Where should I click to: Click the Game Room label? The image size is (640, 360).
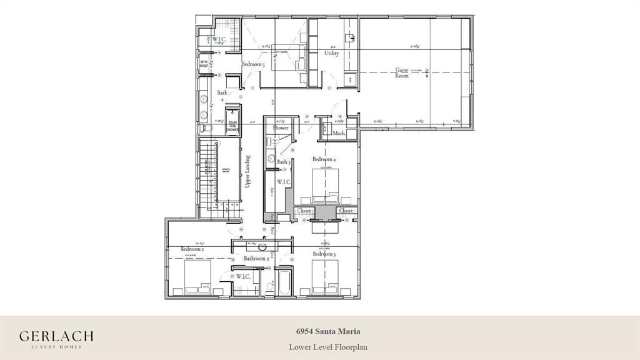pyautogui.click(x=401, y=72)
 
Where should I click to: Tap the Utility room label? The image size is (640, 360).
pyautogui.click(x=331, y=53)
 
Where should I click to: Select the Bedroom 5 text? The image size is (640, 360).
pyautogui.click(x=254, y=64)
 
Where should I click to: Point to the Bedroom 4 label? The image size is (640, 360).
pyautogui.click(x=324, y=159)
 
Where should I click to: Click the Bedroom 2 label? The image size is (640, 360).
pyautogui.click(x=193, y=249)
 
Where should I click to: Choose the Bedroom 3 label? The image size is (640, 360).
pyautogui.click(x=324, y=254)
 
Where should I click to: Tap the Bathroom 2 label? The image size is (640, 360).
pyautogui.click(x=256, y=258)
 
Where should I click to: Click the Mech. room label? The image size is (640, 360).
pyautogui.click(x=339, y=133)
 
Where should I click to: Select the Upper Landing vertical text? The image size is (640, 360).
pyautogui.click(x=248, y=171)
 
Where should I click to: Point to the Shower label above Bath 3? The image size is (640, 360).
pyautogui.click(x=281, y=127)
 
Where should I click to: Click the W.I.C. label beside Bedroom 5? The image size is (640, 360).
pyautogui.click(x=218, y=39)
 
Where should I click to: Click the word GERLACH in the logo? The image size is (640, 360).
pyautogui.click(x=56, y=336)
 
